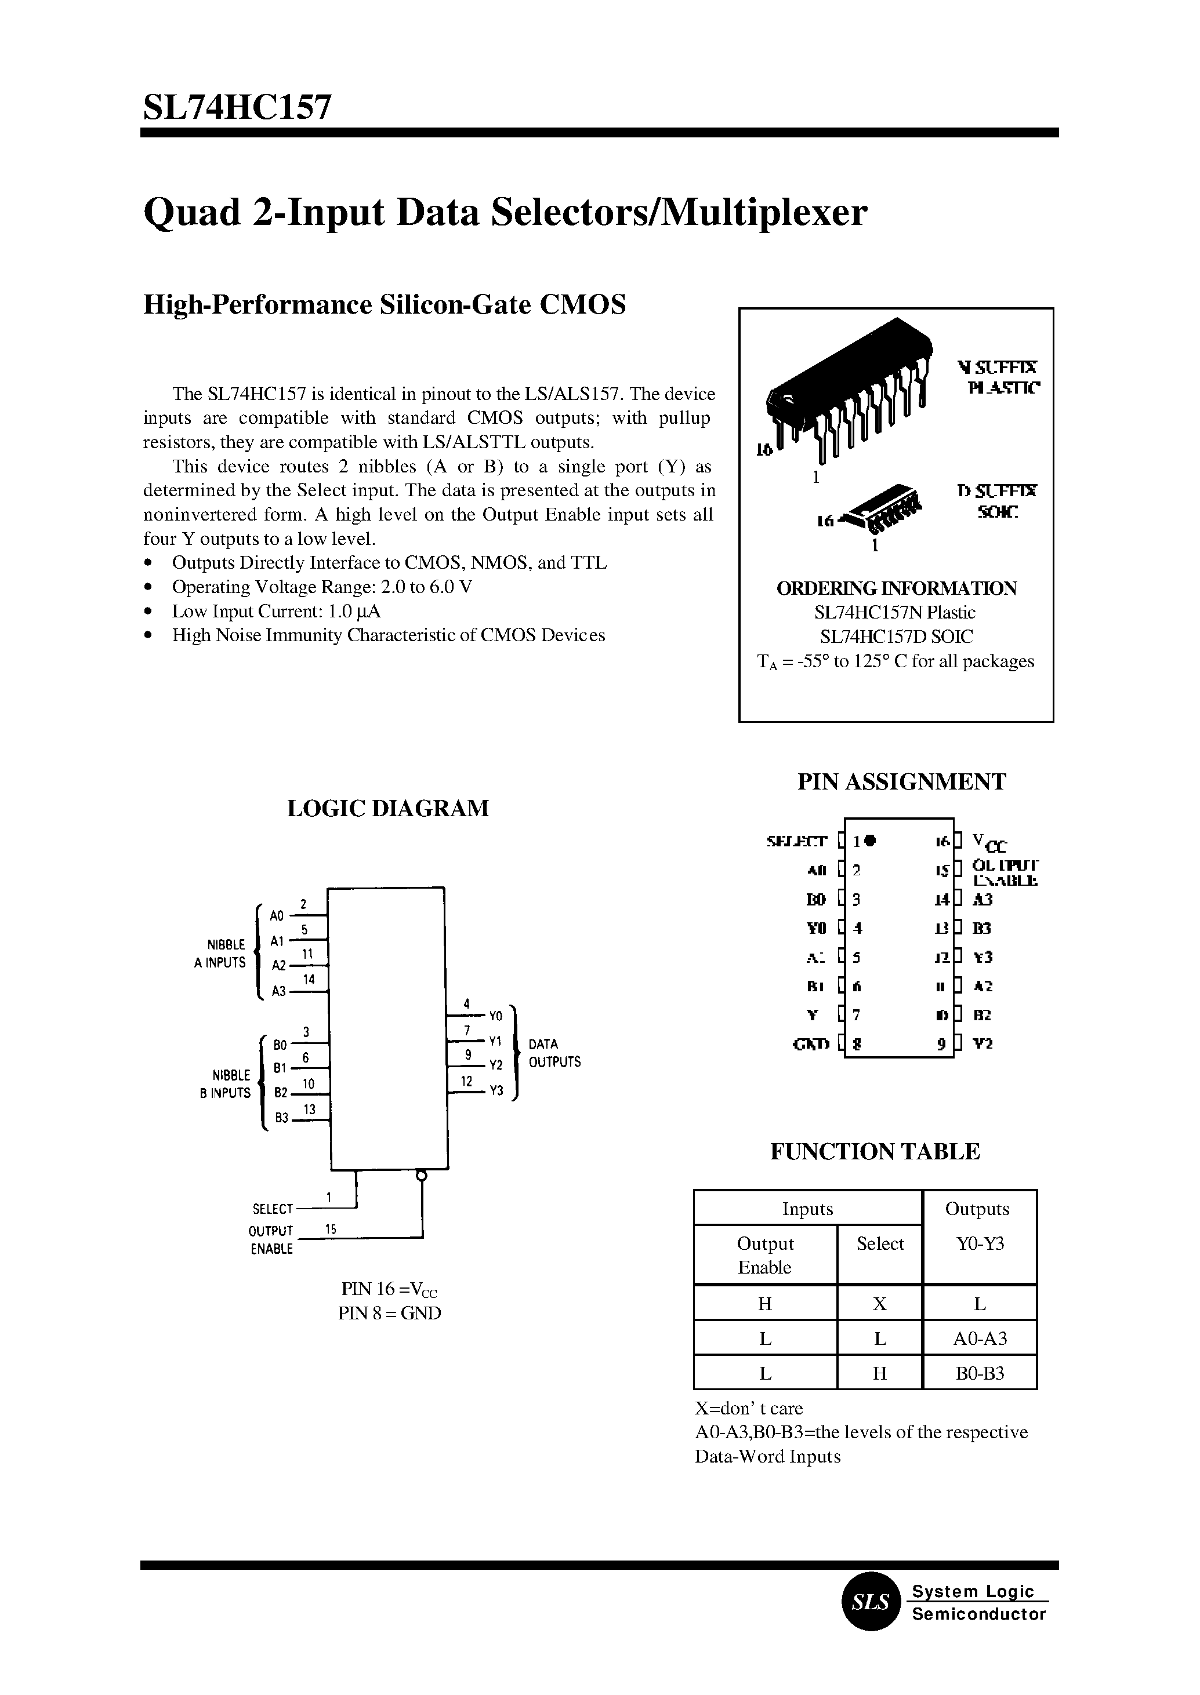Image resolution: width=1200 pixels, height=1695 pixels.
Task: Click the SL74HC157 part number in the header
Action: pos(237,108)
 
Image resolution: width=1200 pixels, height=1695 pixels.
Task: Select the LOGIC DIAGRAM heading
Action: pos(387,808)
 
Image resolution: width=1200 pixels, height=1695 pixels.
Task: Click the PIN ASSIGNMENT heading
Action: pos(901,781)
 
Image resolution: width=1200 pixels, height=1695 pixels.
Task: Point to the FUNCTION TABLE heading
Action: pos(875,1151)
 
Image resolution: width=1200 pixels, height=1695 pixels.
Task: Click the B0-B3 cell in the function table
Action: pos(980,1374)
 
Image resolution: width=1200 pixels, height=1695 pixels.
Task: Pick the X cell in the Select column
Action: pos(879,1304)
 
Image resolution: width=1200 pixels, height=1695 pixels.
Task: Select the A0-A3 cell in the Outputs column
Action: pos(980,1339)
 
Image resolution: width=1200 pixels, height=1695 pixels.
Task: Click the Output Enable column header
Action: pos(765,1256)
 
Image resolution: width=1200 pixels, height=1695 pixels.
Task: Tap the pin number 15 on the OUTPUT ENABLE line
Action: pos(330,1229)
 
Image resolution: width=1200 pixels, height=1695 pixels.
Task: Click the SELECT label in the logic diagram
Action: pos(273,1209)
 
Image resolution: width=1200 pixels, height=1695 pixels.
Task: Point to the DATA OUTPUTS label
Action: pos(554,1053)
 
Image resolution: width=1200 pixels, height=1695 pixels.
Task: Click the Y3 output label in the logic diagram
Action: pos(496,1091)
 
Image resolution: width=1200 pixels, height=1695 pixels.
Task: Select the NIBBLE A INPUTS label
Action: pos(220,954)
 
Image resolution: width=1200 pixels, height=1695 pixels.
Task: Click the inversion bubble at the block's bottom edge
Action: pos(421,1175)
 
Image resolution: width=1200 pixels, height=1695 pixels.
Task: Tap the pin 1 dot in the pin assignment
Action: pos(871,840)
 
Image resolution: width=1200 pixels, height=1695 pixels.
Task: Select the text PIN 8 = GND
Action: pos(389,1313)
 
